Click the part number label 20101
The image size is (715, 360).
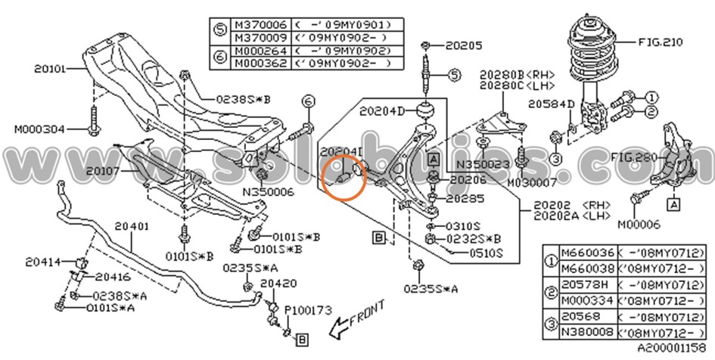[x=49, y=68]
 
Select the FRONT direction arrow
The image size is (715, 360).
[x=356, y=319]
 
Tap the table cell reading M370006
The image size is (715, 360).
[x=257, y=25]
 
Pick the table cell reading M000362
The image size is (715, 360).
[x=257, y=63]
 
